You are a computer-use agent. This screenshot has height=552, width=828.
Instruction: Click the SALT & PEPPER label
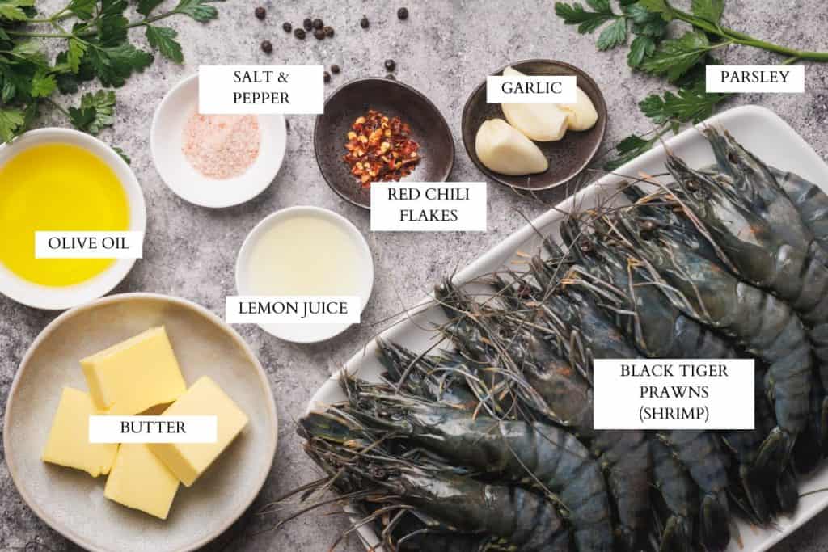[261, 89]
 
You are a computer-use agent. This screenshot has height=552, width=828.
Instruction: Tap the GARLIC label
[531, 87]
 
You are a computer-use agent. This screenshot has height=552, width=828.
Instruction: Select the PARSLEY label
[754, 78]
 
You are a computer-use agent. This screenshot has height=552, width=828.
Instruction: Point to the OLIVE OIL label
[88, 244]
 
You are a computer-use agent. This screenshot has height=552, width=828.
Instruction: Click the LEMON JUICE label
[293, 309]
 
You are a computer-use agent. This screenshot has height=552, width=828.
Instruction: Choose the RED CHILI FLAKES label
[429, 205]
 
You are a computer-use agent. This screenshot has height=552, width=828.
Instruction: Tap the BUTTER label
[153, 428]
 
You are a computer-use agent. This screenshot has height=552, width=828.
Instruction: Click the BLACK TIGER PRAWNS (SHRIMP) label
[674, 393]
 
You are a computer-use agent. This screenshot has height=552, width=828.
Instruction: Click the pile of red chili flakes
[380, 148]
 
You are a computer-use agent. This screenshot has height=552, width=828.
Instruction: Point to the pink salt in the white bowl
[221, 145]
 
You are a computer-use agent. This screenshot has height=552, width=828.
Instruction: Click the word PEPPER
[261, 99]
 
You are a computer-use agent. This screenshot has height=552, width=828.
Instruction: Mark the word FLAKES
[429, 216]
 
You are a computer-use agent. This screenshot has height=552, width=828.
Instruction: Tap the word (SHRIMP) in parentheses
[674, 414]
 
